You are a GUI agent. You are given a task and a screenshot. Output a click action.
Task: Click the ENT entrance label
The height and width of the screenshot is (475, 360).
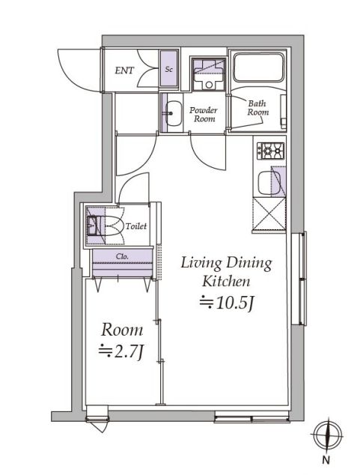[124, 70]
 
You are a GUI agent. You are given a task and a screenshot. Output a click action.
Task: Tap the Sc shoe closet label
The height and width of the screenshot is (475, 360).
[169, 70]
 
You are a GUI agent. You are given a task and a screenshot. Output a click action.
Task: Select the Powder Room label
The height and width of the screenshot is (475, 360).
[204, 114]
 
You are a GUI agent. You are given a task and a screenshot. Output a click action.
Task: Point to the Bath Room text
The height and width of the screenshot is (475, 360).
[257, 108]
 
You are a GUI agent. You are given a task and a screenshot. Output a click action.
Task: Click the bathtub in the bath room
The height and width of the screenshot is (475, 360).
[259, 67]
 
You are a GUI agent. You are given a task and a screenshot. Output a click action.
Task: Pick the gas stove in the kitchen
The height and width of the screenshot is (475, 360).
[270, 151]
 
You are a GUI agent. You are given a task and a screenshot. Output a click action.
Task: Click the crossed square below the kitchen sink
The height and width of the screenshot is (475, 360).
[269, 214]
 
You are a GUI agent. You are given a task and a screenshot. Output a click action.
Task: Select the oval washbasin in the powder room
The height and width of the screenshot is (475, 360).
[174, 113]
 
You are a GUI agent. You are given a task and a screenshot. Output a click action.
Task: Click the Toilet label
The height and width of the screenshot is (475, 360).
[136, 226]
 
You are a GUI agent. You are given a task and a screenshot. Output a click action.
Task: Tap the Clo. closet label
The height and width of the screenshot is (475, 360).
[122, 256]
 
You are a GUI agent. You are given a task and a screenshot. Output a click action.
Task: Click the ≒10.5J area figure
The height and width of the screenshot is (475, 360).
[226, 303]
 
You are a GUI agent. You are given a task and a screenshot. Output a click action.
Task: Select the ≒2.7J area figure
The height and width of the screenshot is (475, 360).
[120, 351]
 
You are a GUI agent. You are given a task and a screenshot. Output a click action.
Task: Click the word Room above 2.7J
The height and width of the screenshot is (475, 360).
[122, 330]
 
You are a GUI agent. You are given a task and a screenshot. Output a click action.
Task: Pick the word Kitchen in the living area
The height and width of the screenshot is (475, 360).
[226, 281]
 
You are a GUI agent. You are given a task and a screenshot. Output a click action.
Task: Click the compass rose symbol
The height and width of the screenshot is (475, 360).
[328, 436]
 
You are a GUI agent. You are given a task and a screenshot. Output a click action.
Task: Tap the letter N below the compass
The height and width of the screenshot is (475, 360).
[326, 460]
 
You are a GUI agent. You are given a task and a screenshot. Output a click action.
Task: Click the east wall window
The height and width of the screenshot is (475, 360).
[299, 279]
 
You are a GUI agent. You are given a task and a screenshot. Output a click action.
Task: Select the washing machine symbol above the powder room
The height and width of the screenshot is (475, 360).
[209, 74]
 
